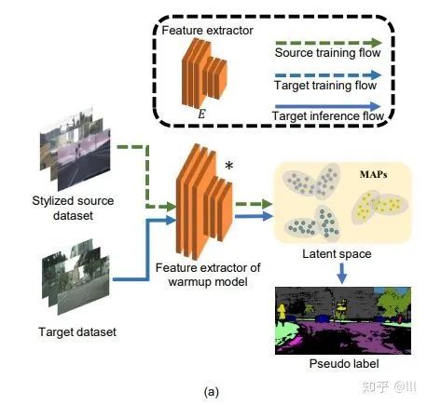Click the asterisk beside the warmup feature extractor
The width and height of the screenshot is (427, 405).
228,166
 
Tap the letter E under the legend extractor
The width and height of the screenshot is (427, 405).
201,115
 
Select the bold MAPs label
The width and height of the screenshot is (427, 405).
373,174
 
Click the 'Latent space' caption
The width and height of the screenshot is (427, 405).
337,254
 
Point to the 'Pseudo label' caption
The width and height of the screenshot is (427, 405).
344,363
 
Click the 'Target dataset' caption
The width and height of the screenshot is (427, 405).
77,332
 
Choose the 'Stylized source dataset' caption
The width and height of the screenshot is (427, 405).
73,208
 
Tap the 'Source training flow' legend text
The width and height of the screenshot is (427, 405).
327,53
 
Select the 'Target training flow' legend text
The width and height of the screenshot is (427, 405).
325,85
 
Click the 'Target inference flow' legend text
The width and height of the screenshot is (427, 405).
328,116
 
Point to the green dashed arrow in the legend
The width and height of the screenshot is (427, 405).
328,43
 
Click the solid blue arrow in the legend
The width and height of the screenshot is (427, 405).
328,106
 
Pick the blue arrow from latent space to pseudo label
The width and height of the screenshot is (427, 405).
342,273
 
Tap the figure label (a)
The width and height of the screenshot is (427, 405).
212,392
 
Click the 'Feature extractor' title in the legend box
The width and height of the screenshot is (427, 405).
207,31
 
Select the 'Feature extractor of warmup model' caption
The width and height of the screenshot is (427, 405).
208,275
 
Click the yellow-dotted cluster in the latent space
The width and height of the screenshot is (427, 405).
379,206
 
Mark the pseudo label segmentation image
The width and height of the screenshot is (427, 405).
343,320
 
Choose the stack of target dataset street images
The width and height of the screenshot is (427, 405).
76,277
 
